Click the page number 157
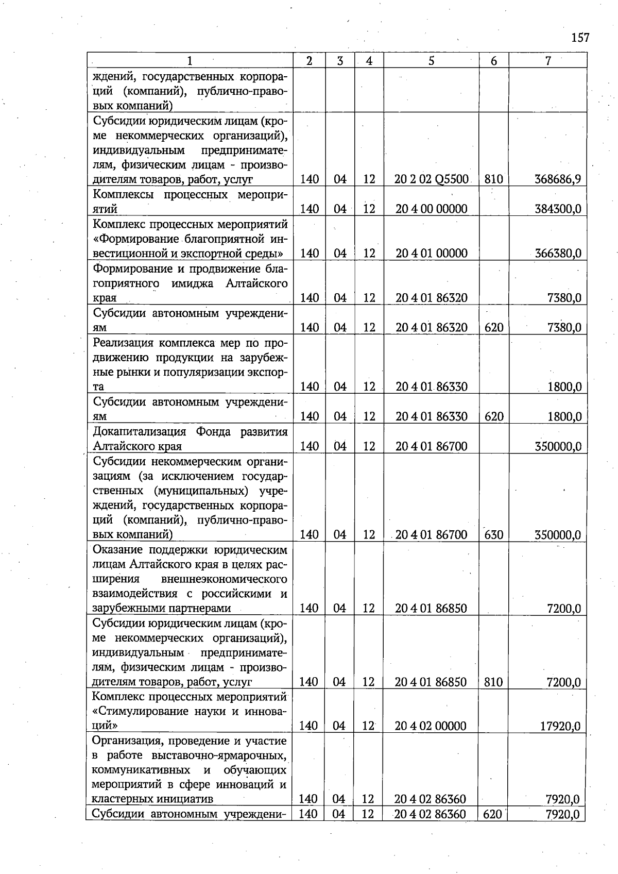tap(580, 38)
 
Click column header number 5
tap(431, 61)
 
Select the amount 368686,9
tap(558, 179)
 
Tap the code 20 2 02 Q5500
tap(432, 179)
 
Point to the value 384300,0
tap(558, 209)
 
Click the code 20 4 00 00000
tap(432, 209)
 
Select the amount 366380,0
tap(558, 254)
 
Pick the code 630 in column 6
tap(493, 535)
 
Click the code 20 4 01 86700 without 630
tap(432, 446)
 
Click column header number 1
tap(190, 61)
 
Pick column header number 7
tap(548, 61)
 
